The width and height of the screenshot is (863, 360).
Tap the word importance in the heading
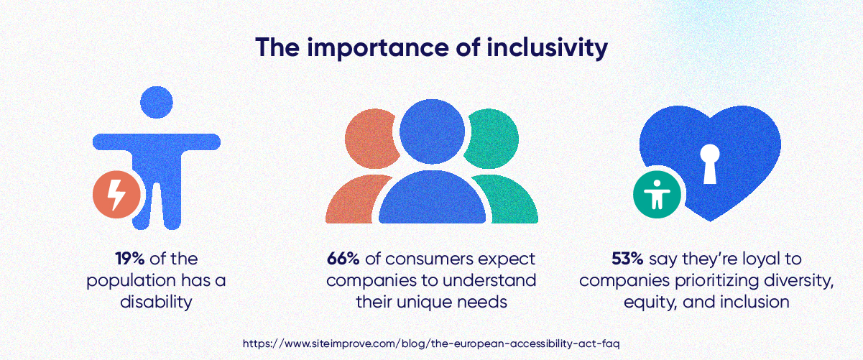click(x=374, y=48)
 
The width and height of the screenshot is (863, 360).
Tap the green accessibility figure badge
click(x=657, y=194)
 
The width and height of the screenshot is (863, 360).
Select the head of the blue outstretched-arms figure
click(x=157, y=103)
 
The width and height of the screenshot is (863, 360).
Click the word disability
click(x=156, y=301)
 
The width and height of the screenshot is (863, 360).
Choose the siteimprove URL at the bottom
click(x=431, y=343)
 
